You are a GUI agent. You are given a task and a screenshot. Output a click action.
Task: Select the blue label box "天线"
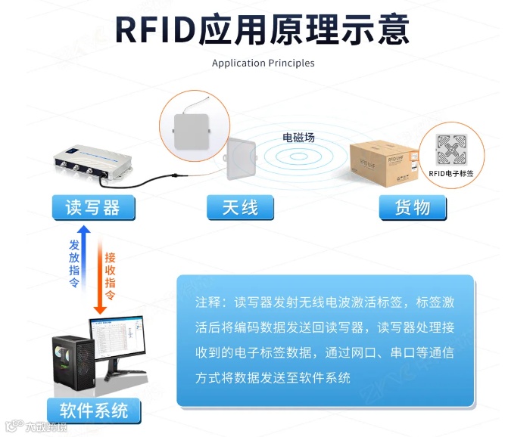click(240, 207)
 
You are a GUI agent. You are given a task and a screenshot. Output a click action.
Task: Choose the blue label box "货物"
click(412, 207)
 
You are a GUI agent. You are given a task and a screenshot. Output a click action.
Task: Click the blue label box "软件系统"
click(94, 411)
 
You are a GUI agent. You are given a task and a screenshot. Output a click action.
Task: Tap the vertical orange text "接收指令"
click(111, 275)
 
